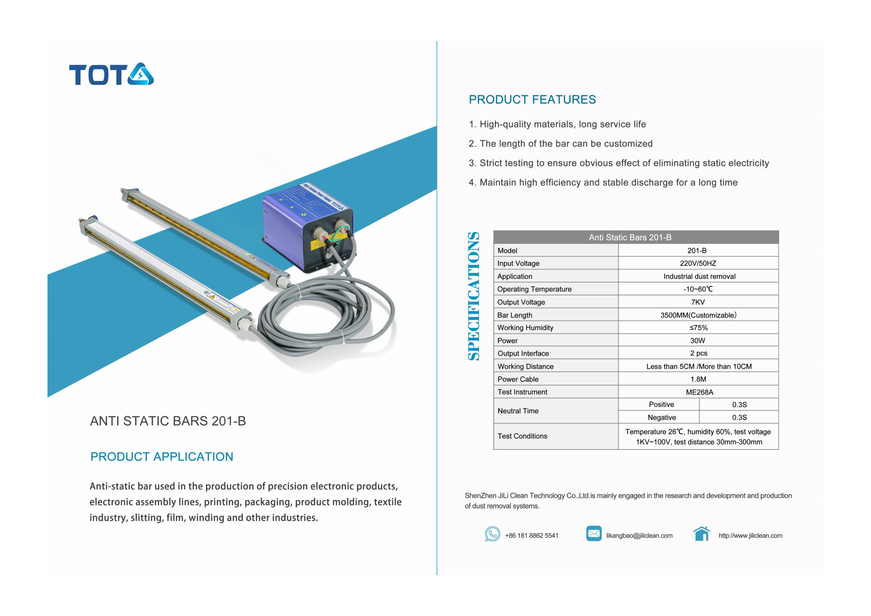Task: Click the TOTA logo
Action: pyautogui.click(x=111, y=74)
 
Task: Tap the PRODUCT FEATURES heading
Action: pyautogui.click(x=532, y=100)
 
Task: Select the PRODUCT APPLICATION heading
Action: pyautogui.click(x=162, y=457)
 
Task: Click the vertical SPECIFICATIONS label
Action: pyautogui.click(x=474, y=296)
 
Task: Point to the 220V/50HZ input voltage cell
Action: pyautogui.click(x=698, y=264)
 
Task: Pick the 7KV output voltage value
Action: pyautogui.click(x=698, y=302)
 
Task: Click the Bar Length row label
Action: pyautogui.click(x=514, y=315)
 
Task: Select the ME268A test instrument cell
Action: pyautogui.click(x=699, y=392)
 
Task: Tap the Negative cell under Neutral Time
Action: pyautogui.click(x=662, y=418)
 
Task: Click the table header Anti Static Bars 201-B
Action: pyautogui.click(x=630, y=237)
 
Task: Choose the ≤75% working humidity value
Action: pyautogui.click(x=698, y=328)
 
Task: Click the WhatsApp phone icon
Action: pyautogui.click(x=492, y=534)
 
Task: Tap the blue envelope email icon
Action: pyautogui.click(x=594, y=534)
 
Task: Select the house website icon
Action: pyautogui.click(x=701, y=534)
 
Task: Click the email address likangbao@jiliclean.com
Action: pyautogui.click(x=639, y=536)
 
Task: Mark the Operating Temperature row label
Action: pyautogui.click(x=534, y=289)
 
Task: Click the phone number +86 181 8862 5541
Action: pyautogui.click(x=532, y=536)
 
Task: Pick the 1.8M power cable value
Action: pyautogui.click(x=698, y=379)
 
